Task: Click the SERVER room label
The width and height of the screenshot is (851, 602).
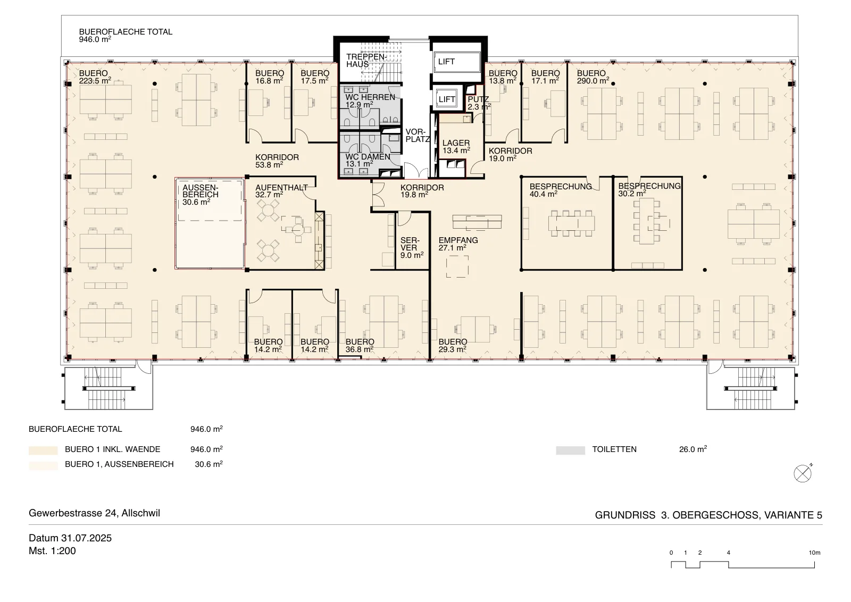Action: (x=412, y=248)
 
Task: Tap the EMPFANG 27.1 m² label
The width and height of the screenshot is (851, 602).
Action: (x=458, y=244)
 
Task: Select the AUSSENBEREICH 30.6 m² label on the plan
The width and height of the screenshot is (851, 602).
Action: (x=201, y=195)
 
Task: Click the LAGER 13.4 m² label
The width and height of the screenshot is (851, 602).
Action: (x=456, y=147)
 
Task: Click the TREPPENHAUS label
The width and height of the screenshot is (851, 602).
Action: (x=366, y=61)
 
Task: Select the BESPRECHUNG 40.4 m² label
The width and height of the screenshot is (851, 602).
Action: (x=561, y=190)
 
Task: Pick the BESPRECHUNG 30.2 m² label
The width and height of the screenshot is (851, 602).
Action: (x=649, y=189)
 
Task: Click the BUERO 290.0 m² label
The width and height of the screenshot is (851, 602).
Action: (x=593, y=77)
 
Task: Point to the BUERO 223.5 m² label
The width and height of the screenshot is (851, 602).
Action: (x=95, y=77)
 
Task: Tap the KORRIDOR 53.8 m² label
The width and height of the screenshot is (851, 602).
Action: (x=277, y=161)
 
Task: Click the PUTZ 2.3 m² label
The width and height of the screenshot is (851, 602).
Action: (x=479, y=103)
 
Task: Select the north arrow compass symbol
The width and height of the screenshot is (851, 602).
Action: (x=803, y=473)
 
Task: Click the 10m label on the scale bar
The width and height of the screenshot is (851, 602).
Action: (x=814, y=553)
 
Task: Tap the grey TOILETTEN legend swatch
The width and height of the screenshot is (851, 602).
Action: (x=570, y=450)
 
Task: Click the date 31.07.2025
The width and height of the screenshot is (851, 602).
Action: (x=86, y=538)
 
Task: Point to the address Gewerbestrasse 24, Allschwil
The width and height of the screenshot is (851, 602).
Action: (x=95, y=513)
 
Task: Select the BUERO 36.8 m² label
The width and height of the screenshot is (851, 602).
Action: (x=360, y=346)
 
